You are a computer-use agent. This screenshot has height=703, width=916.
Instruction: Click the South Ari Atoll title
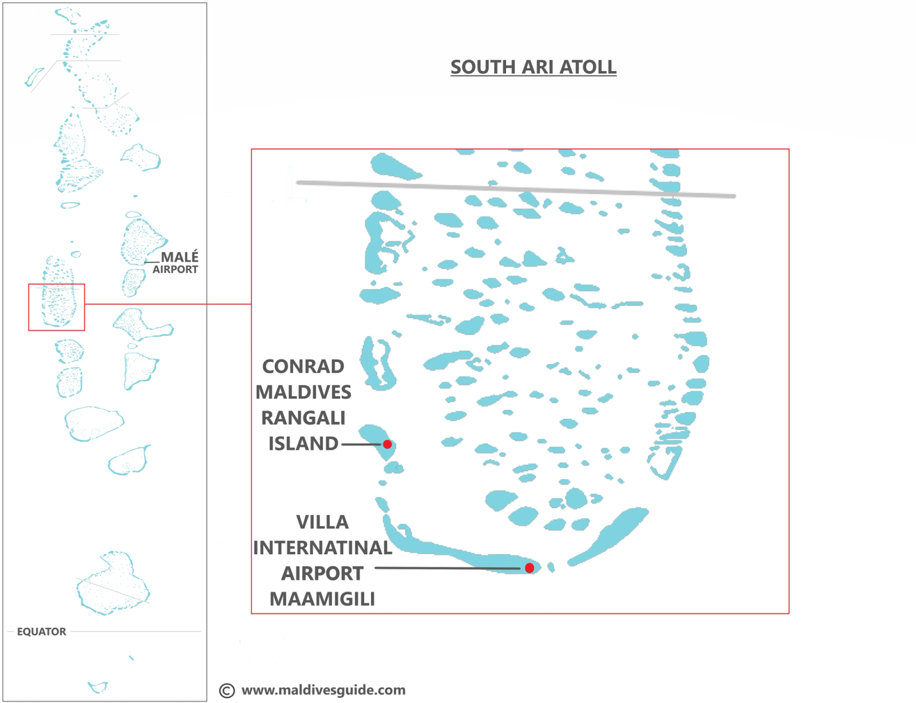(x=533, y=67)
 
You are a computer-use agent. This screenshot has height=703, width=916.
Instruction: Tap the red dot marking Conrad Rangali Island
(x=388, y=444)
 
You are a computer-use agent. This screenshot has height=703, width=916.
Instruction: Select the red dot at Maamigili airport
(x=530, y=568)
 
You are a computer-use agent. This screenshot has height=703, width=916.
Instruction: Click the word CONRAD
(x=303, y=366)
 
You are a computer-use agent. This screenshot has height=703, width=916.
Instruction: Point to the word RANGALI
(x=303, y=418)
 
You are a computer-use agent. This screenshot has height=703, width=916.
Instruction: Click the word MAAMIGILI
(x=322, y=599)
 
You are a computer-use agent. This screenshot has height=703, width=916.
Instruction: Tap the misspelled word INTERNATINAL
(x=322, y=548)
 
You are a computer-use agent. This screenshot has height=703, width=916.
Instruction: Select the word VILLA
(x=322, y=522)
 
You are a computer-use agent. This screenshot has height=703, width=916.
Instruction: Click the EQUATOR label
(x=41, y=631)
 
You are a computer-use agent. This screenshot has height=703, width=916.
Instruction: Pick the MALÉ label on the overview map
(x=179, y=257)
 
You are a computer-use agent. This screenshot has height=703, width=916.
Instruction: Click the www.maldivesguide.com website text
(x=323, y=690)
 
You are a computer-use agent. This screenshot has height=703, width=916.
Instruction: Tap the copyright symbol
(x=227, y=690)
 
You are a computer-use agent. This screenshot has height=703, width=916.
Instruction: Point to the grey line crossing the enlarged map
(x=515, y=189)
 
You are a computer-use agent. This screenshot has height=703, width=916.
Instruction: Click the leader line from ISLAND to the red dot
(x=361, y=444)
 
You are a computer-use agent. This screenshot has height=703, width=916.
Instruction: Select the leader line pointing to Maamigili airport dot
(x=447, y=568)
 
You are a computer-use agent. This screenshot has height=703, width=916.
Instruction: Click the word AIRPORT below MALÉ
(x=175, y=270)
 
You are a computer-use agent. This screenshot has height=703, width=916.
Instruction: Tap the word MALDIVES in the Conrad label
(x=303, y=392)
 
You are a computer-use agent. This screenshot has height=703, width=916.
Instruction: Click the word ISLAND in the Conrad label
(x=303, y=444)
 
